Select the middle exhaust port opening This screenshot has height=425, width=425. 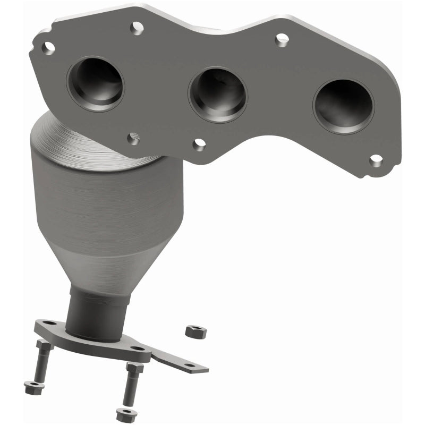218,94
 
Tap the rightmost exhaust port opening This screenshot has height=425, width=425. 343,106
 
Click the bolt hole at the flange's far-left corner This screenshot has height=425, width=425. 48,48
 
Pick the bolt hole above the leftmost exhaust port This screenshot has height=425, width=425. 137,26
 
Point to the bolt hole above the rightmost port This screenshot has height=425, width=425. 282,39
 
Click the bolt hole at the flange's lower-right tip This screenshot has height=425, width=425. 376,160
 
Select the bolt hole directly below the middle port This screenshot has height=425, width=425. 199,144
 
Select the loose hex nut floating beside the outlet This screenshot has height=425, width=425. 192,331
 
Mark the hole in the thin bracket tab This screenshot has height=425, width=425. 189,364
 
